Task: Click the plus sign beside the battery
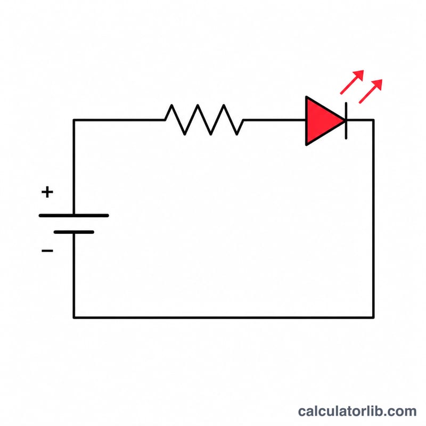click(47, 192)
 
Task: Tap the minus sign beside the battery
click(47, 250)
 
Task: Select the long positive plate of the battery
click(74, 216)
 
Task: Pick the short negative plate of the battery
click(74, 232)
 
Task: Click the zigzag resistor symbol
click(204, 120)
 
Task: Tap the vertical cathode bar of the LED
click(346, 121)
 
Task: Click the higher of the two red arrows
click(352, 82)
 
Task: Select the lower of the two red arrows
click(371, 91)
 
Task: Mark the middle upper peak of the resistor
click(198, 105)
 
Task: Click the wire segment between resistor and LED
click(275, 120)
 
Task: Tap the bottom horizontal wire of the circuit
click(224, 317)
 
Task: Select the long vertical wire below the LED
click(374, 218)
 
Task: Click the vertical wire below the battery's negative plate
click(74, 275)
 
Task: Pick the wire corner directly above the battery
click(74, 120)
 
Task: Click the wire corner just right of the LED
click(374, 120)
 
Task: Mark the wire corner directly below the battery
click(74, 317)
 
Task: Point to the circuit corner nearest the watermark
click(374, 317)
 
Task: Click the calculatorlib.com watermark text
click(357, 411)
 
